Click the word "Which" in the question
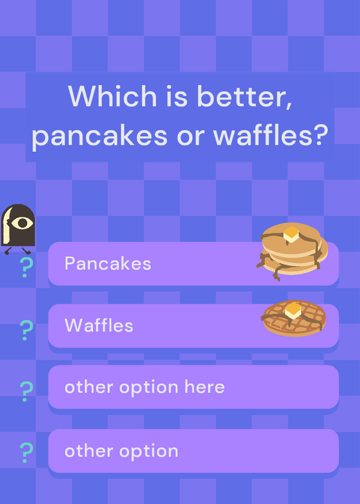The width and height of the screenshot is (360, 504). click(112, 96)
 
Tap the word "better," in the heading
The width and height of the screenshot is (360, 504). click(245, 96)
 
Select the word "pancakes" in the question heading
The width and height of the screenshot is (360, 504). click(100, 135)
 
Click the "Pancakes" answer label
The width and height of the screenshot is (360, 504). click(108, 263)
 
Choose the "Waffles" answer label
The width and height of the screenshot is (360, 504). click(99, 325)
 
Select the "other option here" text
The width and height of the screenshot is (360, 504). click(144, 387)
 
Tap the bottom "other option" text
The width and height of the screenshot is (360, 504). click(121, 452)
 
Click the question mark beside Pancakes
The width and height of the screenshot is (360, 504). click(26, 267)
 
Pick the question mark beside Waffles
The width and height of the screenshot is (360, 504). click(26, 330)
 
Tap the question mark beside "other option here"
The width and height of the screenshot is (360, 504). click(26, 391)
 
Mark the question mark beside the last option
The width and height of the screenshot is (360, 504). click(26, 452)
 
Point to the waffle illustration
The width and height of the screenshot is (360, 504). click(294, 318)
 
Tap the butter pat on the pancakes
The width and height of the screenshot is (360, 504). click(291, 234)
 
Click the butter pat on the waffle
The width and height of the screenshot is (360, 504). click(293, 310)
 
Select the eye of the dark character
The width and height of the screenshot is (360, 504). click(22, 223)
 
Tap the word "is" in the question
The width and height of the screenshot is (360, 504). click(177, 96)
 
